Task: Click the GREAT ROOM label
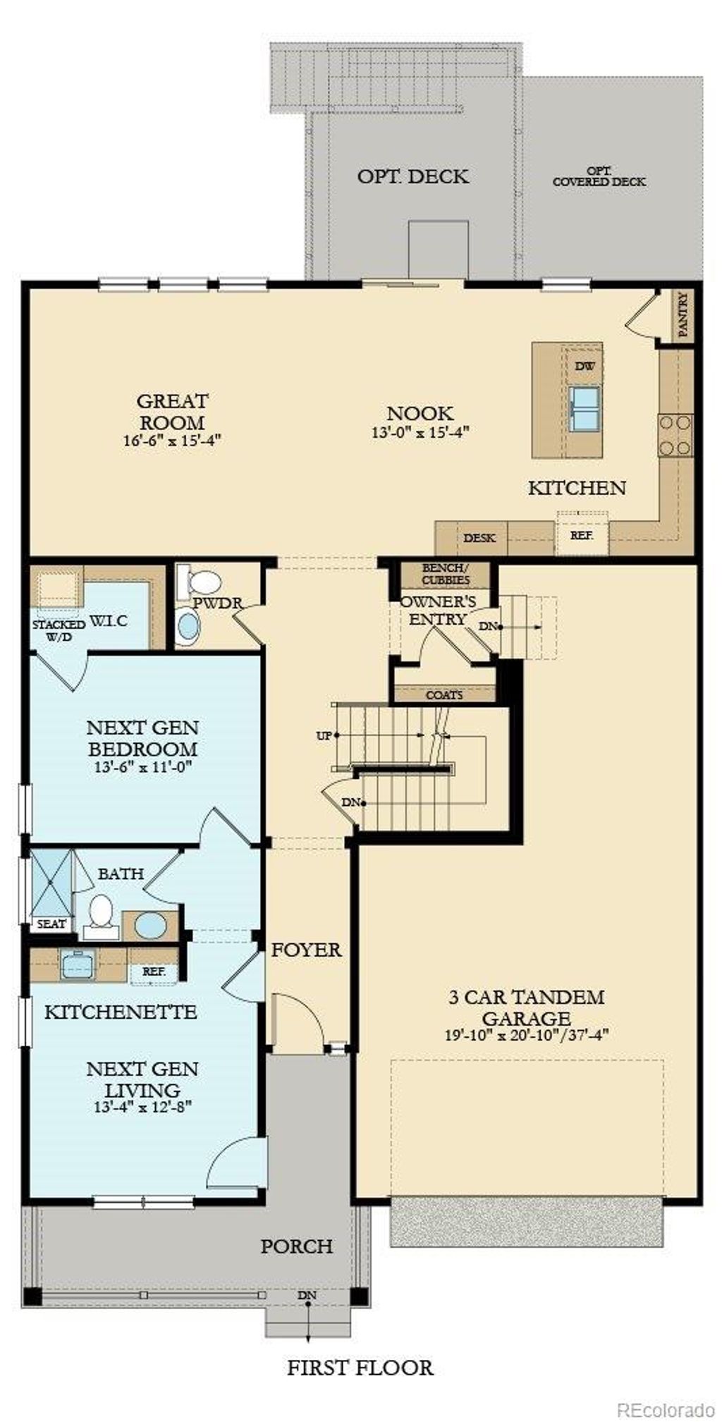(172, 412)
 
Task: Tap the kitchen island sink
(585, 407)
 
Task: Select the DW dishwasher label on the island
(585, 366)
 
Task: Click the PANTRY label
(682, 314)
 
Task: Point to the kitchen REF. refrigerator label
(582, 534)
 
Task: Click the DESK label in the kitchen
(479, 538)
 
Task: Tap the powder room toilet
(200, 582)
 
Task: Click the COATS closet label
(444, 694)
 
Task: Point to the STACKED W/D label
(58, 630)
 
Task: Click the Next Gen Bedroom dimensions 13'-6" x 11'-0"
(143, 766)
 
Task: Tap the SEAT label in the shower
(51, 924)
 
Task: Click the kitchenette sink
(78, 964)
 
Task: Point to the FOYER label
(306, 950)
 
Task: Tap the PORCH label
(296, 1246)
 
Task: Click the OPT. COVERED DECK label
(599, 176)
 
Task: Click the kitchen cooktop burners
(675, 434)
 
